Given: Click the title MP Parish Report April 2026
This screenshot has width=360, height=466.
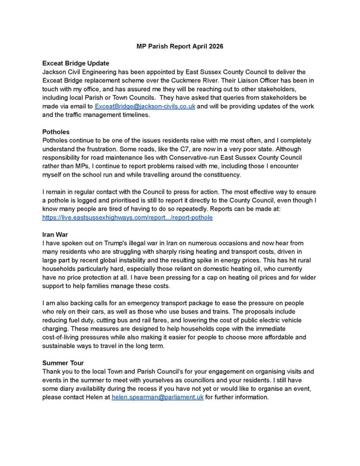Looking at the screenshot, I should click(180, 46).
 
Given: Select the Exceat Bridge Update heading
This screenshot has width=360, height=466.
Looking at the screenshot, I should click(76, 63).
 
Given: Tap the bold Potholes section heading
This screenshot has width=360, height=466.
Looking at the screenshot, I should click(56, 132).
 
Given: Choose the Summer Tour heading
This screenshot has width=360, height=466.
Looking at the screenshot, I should click(63, 363).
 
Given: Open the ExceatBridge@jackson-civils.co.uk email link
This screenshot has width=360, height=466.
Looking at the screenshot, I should click(145, 106).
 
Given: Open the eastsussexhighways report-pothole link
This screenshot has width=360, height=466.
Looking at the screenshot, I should click(127, 217).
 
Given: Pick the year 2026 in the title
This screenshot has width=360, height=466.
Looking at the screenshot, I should click(215, 46).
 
